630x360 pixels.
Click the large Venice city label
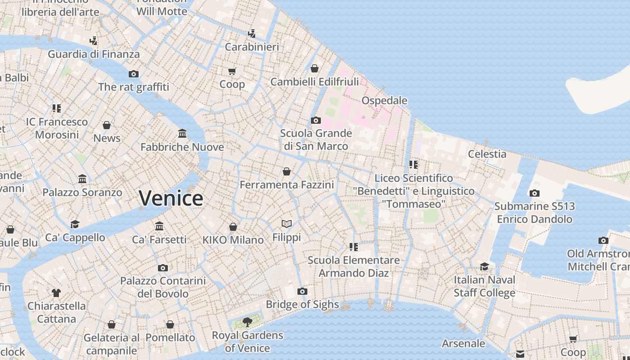pyautogui.click(x=171, y=198)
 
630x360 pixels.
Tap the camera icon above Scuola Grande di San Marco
pyautogui.click(x=316, y=120)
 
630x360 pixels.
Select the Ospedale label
pyautogui.click(x=384, y=100)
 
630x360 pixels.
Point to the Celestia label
pyautogui.click(x=487, y=154)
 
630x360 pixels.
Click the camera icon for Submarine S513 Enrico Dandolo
pyautogui.click(x=534, y=193)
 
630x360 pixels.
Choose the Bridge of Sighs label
pyautogui.click(x=302, y=305)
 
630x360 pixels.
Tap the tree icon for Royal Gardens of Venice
pyautogui.click(x=247, y=321)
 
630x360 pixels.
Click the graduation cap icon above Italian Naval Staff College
pyautogui.click(x=484, y=266)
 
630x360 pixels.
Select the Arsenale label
pyautogui.click(x=463, y=344)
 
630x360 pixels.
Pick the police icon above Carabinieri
pyautogui.click(x=252, y=33)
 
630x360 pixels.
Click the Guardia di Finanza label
pyautogui.click(x=94, y=54)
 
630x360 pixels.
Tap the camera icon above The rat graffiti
pyautogui.click(x=133, y=74)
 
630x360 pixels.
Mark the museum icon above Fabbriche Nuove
pyautogui.click(x=182, y=134)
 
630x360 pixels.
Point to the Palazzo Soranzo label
pyautogui.click(x=82, y=193)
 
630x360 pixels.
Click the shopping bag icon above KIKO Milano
pyautogui.click(x=233, y=227)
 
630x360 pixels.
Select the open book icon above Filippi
pyautogui.click(x=287, y=224)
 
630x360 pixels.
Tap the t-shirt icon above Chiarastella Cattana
pyautogui.click(x=56, y=293)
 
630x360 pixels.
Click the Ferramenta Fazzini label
pyautogui.click(x=287, y=185)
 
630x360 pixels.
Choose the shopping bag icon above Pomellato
pyautogui.click(x=170, y=324)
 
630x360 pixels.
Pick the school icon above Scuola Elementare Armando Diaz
pyautogui.click(x=354, y=247)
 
